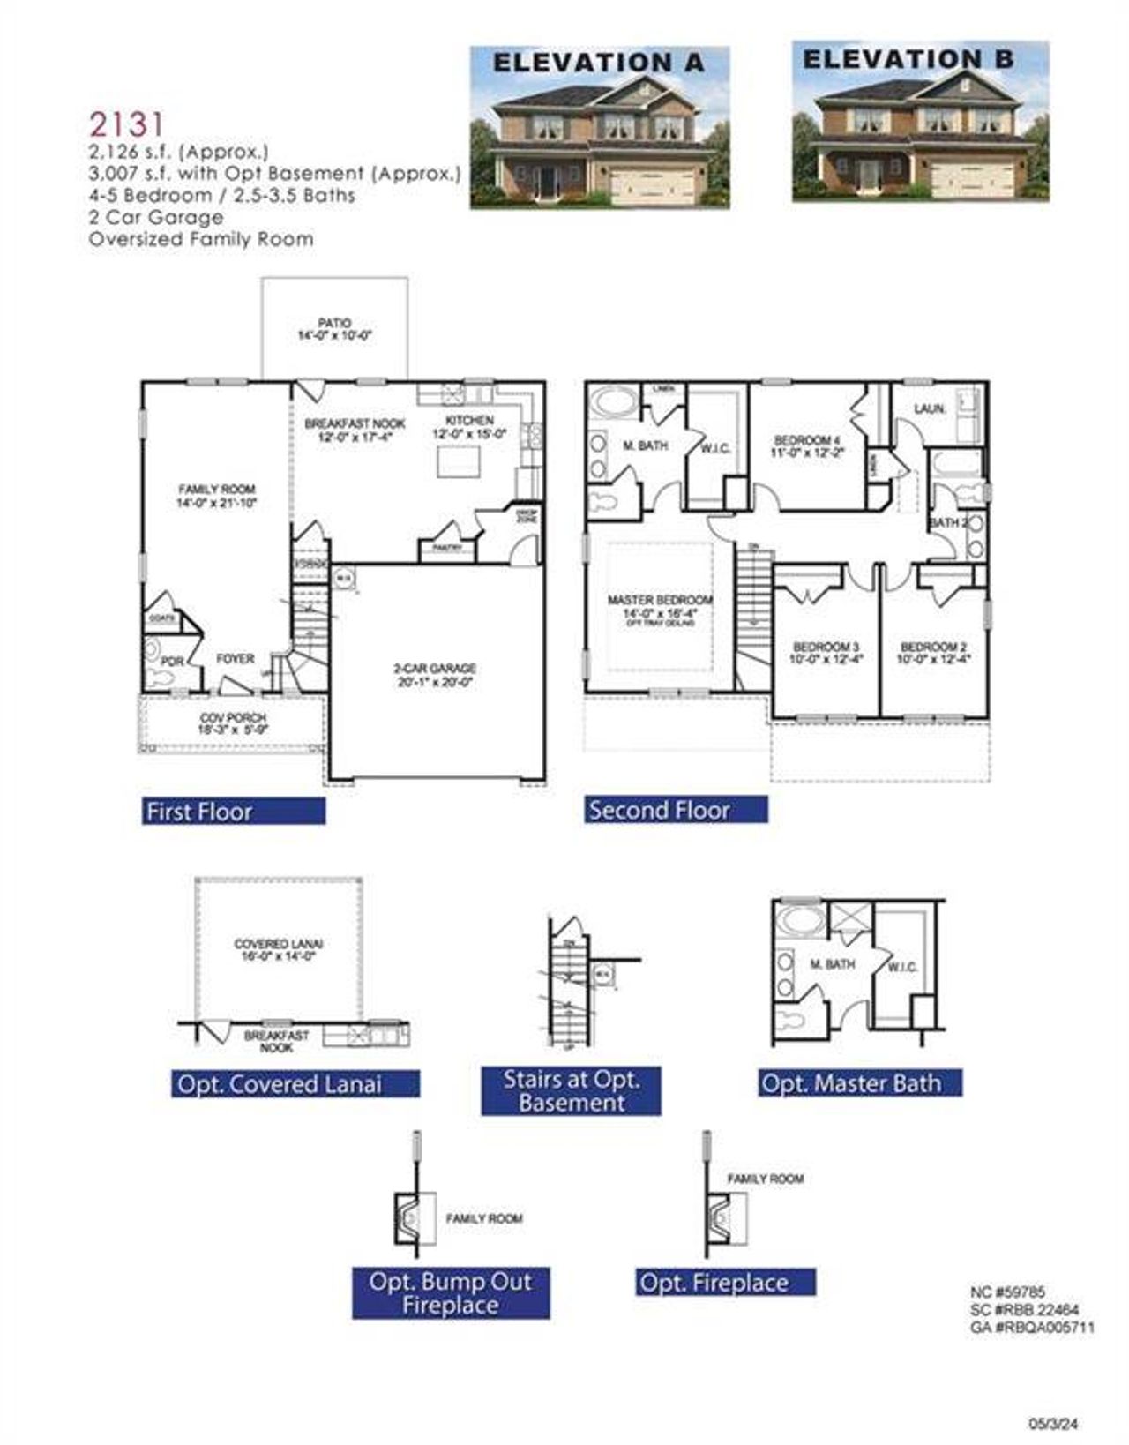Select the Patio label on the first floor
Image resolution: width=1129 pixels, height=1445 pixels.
[x=334, y=329]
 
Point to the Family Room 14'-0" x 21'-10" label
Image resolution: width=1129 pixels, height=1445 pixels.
[x=216, y=496]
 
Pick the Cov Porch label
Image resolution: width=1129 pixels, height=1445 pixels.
[x=233, y=723]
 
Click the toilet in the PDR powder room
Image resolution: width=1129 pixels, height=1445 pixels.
[x=161, y=678]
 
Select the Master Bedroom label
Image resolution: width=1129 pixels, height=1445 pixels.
[x=660, y=605]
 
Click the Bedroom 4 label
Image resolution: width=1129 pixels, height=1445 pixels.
[x=807, y=445]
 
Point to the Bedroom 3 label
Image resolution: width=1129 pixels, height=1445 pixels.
[x=826, y=652]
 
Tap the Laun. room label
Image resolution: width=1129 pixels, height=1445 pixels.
[x=930, y=409]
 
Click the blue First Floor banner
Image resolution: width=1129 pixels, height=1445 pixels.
[x=234, y=812]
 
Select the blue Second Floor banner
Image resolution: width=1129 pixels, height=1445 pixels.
[x=676, y=810]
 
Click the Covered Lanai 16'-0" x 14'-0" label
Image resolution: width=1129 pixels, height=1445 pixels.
[x=278, y=949]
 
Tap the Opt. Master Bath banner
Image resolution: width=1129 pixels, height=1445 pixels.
[x=860, y=1083]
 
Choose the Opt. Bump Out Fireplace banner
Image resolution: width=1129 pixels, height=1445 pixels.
[x=451, y=1293]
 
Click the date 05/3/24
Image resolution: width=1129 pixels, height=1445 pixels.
[x=1054, y=1423]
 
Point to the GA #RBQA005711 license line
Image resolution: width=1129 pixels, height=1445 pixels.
[x=1032, y=1327]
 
